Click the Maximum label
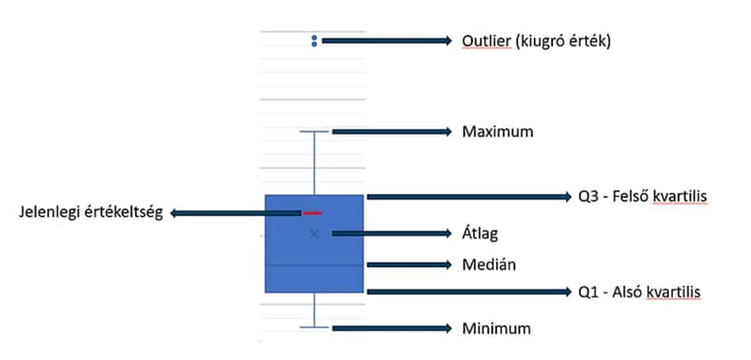pyautogui.click(x=497, y=131)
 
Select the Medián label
pyautogui.click(x=489, y=264)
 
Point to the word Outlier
pyautogui.click(x=486, y=41)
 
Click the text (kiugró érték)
pyautogui.click(x=562, y=41)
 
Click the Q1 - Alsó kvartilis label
pyautogui.click(x=640, y=292)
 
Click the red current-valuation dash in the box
pyautogui.click(x=312, y=213)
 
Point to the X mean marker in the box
pyautogui.click(x=315, y=233)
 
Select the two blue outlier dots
pyautogui.click(x=315, y=41)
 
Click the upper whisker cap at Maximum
pyautogui.click(x=315, y=131)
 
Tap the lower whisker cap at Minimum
pyautogui.click(x=315, y=327)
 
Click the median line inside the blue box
pyautogui.click(x=314, y=264)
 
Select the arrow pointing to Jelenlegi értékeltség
pyautogui.click(x=234, y=213)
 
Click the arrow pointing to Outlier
pyautogui.click(x=386, y=41)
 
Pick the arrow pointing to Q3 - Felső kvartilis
pyautogui.click(x=469, y=195)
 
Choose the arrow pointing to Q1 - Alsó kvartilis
pyautogui.click(x=469, y=292)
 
